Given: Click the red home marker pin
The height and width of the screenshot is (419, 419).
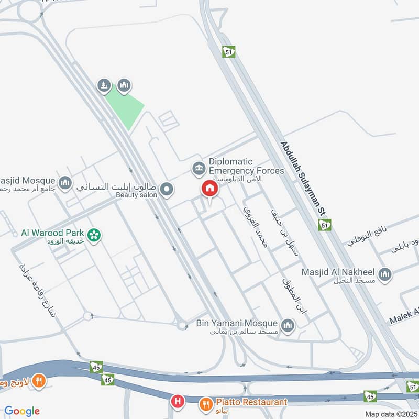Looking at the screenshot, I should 210,189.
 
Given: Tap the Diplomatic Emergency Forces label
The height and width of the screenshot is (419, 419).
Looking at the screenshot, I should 246,166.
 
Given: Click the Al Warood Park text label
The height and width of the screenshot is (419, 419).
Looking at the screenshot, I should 53,232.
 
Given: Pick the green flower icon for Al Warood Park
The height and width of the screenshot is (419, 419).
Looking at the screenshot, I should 94,235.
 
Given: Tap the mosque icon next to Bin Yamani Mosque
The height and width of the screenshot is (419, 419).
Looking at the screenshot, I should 288,326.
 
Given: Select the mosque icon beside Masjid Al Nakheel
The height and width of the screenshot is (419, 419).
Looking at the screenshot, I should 385,274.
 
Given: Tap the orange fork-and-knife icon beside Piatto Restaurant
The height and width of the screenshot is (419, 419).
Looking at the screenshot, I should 205,404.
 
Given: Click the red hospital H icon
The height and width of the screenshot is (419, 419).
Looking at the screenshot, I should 178,402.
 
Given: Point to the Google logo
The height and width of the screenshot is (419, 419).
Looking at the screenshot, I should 22,411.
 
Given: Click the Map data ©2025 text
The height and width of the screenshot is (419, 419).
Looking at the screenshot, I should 391,414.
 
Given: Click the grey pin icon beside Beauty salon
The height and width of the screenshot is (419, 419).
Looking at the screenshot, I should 167,189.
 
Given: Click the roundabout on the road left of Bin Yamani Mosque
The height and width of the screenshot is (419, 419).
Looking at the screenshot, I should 182,325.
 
